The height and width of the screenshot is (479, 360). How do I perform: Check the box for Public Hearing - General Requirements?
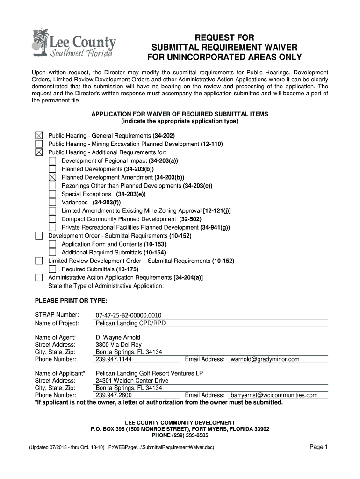coord(39,136)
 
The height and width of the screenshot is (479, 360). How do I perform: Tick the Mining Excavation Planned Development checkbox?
coord(39,144)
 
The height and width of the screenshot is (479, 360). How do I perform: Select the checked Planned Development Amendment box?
coord(52,177)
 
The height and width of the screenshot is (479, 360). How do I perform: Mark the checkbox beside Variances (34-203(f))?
coord(52,203)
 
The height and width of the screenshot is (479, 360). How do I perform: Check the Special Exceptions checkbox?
coord(52,194)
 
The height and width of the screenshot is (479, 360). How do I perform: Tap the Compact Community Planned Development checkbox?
coord(52,219)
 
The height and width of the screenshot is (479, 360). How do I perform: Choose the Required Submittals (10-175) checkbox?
coord(52,269)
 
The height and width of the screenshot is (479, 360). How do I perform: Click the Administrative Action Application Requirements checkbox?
coord(39,277)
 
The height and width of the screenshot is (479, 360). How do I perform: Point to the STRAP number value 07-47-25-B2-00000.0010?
coord(128,315)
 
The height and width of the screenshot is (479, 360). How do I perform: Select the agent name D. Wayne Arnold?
coord(118,337)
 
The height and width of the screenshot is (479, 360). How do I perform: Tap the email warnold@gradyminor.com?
coord(265,359)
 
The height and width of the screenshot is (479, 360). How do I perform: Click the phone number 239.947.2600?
coord(114,395)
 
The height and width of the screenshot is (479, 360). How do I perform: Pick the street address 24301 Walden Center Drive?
coord(132,381)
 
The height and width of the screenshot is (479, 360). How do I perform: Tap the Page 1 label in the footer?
coord(319,447)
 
